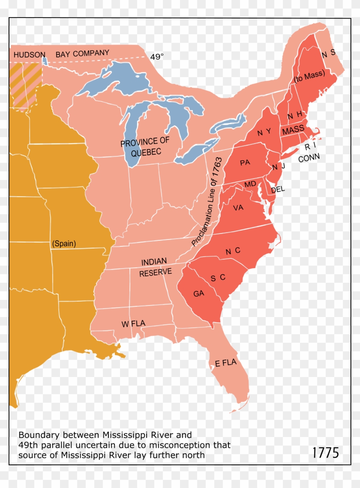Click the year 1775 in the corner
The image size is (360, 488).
coord(325,452)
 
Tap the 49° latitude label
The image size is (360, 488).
coord(157,57)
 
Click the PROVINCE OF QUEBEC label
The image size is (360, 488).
coord(144,147)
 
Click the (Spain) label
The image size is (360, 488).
coord(64,243)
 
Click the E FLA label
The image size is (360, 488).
coord(226,363)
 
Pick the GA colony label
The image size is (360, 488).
coord(198,293)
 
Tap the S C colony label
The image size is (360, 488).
coord(218,278)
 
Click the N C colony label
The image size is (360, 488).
coord(233,251)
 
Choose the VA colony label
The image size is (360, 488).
coord(238,207)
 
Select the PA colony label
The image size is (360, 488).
coord(245,162)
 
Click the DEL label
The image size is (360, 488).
coord(278,189)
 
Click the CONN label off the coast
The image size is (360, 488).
coord(309,158)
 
